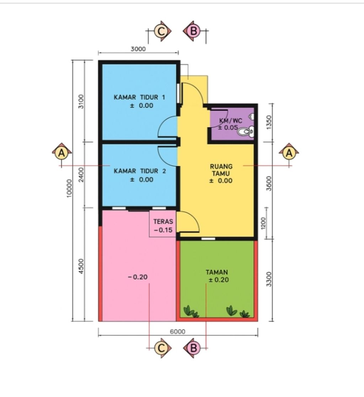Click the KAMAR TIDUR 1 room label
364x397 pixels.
tap(139, 97)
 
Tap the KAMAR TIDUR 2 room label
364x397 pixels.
tap(140, 171)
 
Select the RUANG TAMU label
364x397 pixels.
tap(221, 170)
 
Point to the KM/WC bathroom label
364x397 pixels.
tap(230, 121)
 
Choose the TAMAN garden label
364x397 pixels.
tap(217, 273)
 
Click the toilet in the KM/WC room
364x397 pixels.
tap(245, 132)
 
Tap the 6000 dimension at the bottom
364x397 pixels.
tap(178, 331)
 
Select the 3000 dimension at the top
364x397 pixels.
tap(138, 49)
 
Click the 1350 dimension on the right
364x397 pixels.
tap(269, 123)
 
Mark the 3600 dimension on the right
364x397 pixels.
tap(269, 183)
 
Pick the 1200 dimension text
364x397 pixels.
tap(263, 223)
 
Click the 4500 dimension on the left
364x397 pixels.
tap(81, 266)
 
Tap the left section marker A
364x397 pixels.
tap(61, 153)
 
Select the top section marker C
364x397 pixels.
tap(161, 31)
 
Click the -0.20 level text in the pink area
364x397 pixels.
tap(138, 277)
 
